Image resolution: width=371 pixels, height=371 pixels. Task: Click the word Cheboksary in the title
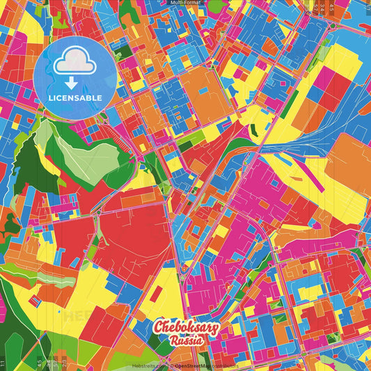(186, 329)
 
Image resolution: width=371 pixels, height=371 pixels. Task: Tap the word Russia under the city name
(186, 341)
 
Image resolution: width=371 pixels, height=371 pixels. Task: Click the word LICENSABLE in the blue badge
(75, 98)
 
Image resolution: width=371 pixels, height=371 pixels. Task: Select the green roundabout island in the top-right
(333, 26)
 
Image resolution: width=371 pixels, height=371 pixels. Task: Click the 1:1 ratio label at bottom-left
(3, 363)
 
